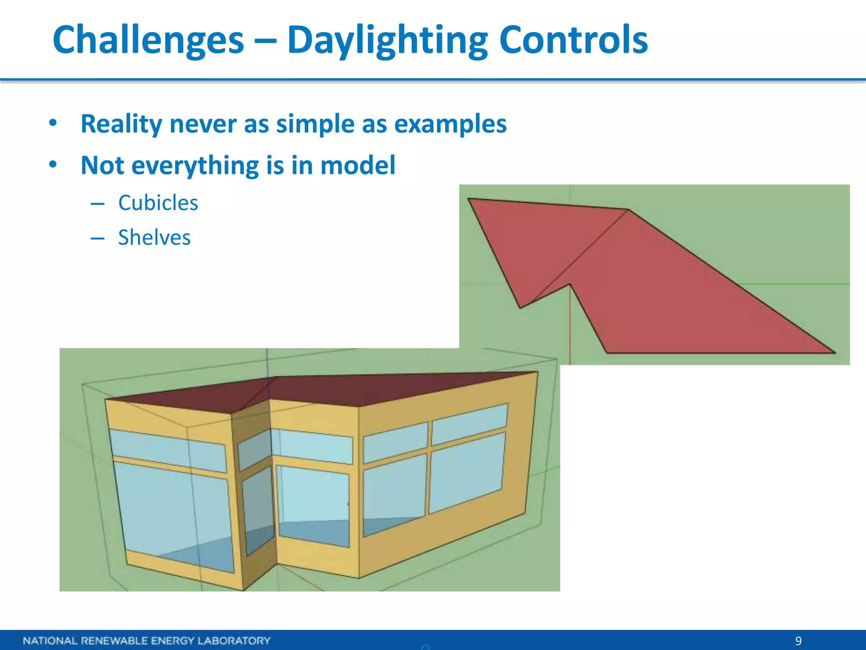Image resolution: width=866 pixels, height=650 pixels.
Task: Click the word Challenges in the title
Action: (148, 40)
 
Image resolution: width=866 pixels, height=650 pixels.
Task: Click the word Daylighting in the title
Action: (387, 40)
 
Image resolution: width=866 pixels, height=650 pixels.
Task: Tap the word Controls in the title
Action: (573, 40)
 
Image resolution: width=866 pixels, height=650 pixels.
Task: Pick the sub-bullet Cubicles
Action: (158, 203)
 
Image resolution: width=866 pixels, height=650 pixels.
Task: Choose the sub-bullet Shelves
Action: (154, 237)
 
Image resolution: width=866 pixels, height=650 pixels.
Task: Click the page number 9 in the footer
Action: (798, 641)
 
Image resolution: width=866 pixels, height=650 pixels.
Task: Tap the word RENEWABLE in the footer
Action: (115, 641)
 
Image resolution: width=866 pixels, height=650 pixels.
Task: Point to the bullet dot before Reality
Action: (52, 123)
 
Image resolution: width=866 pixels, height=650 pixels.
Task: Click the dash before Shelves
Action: (97, 238)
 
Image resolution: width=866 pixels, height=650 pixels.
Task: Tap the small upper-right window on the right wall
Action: (469, 419)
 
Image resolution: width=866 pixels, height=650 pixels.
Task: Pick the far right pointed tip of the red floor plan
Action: (832, 351)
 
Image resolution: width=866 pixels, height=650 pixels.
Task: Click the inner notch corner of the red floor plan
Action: (570, 284)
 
